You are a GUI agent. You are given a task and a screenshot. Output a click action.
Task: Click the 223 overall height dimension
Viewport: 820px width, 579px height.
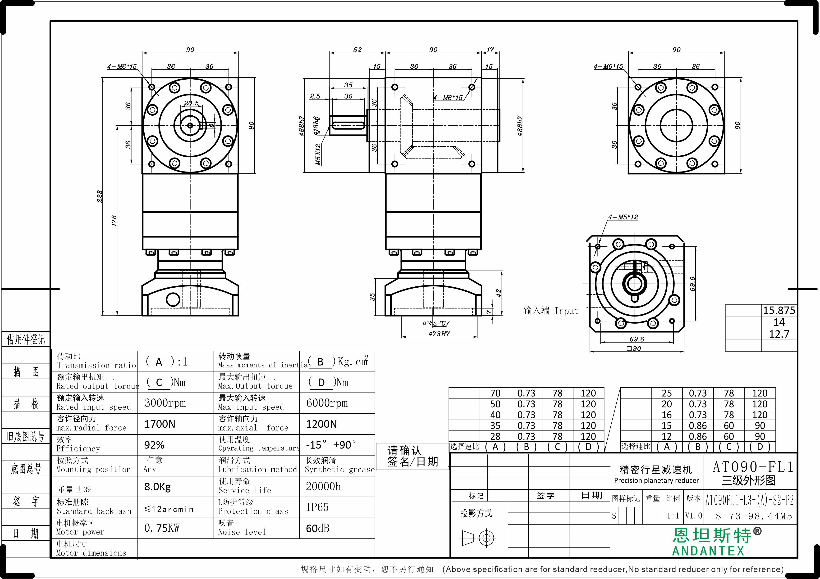click(x=99, y=196)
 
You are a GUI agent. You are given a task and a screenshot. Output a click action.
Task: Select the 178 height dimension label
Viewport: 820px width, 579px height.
click(x=114, y=221)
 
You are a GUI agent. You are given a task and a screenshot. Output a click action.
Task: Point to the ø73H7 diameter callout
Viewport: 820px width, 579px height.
click(x=439, y=334)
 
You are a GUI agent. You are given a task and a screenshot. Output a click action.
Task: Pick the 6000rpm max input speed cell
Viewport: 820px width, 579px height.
click(x=327, y=403)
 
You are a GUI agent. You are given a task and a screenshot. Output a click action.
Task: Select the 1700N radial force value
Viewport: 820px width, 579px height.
click(x=160, y=424)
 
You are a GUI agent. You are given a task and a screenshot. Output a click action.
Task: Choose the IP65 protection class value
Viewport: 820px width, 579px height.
click(x=317, y=507)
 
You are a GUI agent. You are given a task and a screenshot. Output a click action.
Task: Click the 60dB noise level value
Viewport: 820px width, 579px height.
click(x=317, y=528)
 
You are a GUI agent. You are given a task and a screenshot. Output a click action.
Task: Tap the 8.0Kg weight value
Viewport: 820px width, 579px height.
click(x=157, y=487)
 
